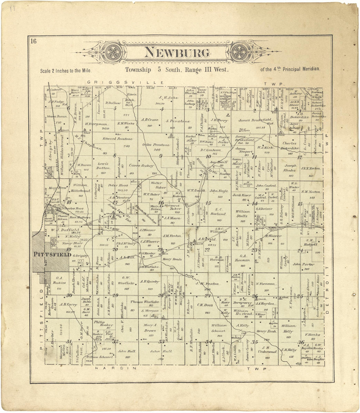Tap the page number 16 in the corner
[33, 41]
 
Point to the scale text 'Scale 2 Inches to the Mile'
[65, 70]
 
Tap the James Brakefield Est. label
[256, 120]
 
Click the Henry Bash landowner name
[266, 331]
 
